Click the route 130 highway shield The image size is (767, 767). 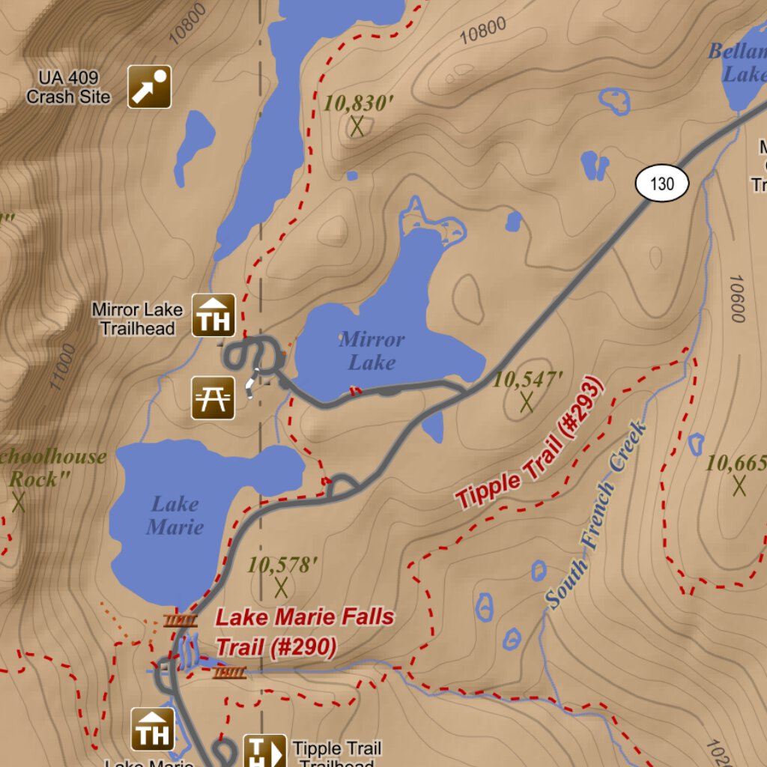click(662, 184)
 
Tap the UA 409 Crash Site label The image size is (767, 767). click(68, 88)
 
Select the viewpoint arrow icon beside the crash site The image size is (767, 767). click(149, 87)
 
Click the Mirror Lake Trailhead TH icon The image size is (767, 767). click(214, 315)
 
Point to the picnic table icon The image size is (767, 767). click(213, 397)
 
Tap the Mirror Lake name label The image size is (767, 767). click(372, 351)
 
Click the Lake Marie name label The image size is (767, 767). click(175, 515)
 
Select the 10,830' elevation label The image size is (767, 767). click(359, 103)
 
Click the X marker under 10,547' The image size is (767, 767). click(527, 402)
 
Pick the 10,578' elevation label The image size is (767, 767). click(279, 565)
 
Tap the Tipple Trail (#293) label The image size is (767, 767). click(529, 446)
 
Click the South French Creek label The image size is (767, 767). click(595, 515)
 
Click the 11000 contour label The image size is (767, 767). click(64, 366)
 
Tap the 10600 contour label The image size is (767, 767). click(736, 298)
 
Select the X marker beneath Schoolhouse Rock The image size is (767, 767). click(19, 503)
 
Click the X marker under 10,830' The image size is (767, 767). click(357, 127)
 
